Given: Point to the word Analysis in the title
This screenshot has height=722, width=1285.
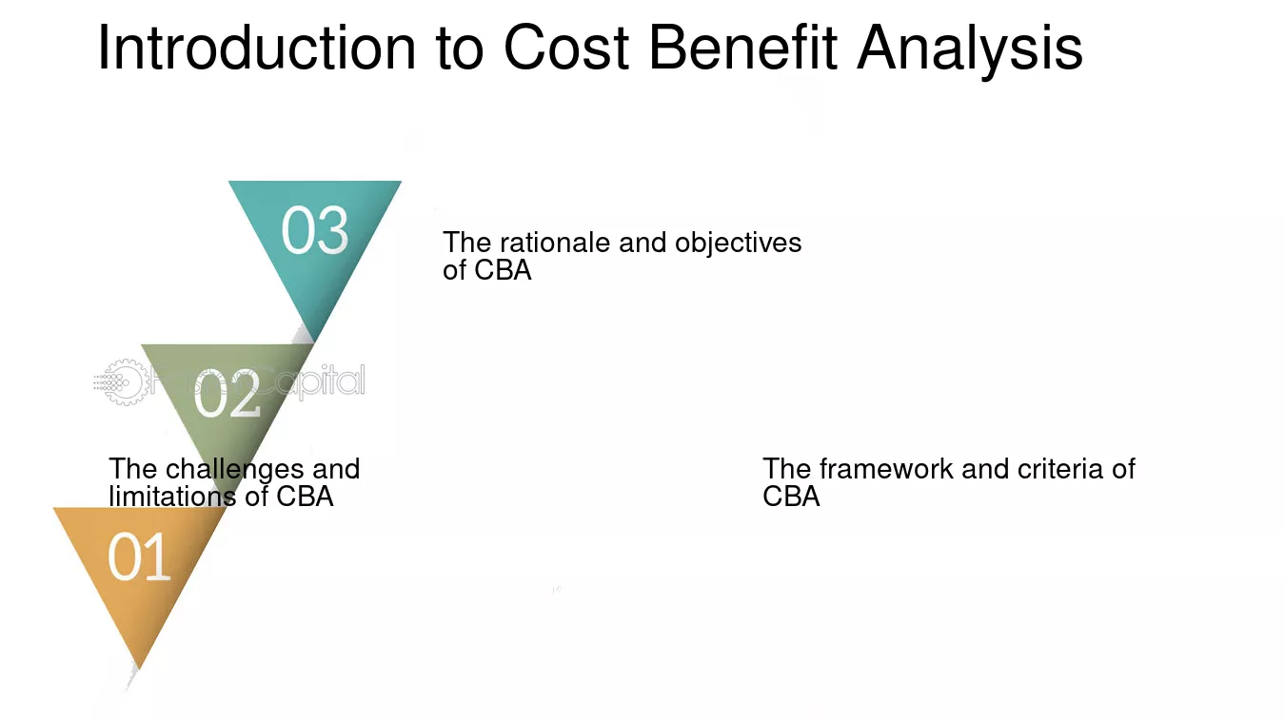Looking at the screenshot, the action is pyautogui.click(x=970, y=51).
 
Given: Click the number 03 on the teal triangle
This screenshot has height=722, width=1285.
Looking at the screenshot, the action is pyautogui.click(x=315, y=230).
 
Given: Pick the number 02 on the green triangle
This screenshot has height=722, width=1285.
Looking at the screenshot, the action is pyautogui.click(x=227, y=394).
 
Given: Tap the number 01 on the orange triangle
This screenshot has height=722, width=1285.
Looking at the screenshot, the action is pyautogui.click(x=139, y=556).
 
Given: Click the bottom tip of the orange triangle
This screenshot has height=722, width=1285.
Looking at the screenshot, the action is pyautogui.click(x=139, y=669).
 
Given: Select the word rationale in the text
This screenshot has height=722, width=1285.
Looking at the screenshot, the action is pyautogui.click(x=555, y=243).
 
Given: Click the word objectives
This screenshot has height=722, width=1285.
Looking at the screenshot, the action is pyautogui.click(x=739, y=244).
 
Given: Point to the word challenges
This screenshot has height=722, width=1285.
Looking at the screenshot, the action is pyautogui.click(x=235, y=470).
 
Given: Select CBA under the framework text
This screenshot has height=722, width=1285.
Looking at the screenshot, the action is pyautogui.click(x=791, y=497).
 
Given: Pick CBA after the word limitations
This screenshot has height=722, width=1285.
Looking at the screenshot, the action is pyautogui.click(x=305, y=497).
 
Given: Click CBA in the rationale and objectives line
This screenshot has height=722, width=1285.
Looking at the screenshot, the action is pyautogui.click(x=504, y=270).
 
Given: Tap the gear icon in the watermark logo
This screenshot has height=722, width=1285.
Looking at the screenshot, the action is pyautogui.click(x=123, y=382).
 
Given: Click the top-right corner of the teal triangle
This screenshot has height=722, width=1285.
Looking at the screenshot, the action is pyautogui.click(x=401, y=182).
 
